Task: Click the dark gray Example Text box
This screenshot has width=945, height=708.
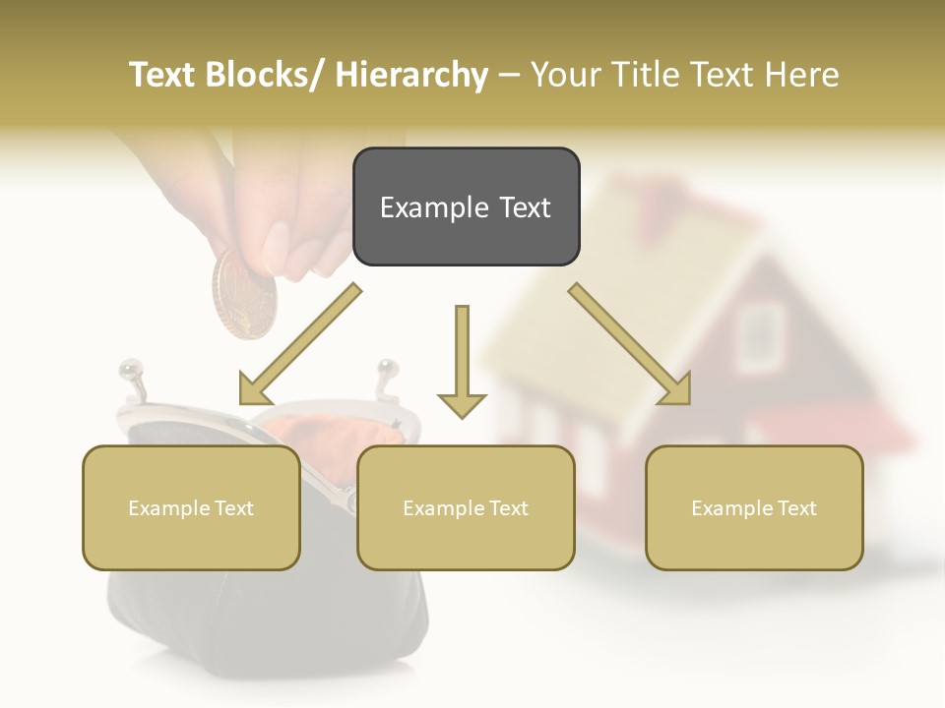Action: click(x=466, y=206)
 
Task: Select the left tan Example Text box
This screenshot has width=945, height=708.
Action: click(x=191, y=507)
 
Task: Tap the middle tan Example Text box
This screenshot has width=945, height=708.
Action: click(x=466, y=507)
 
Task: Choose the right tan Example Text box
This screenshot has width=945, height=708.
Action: click(x=754, y=507)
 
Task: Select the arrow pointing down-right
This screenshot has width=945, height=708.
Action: click(x=631, y=345)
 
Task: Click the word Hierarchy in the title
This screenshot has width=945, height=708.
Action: click(x=411, y=75)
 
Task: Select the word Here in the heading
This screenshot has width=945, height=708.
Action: click(x=803, y=75)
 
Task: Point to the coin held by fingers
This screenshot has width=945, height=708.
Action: click(x=244, y=294)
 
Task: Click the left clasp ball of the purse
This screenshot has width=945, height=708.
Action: click(x=128, y=371)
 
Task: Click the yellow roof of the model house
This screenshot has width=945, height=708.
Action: click(x=630, y=246)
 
